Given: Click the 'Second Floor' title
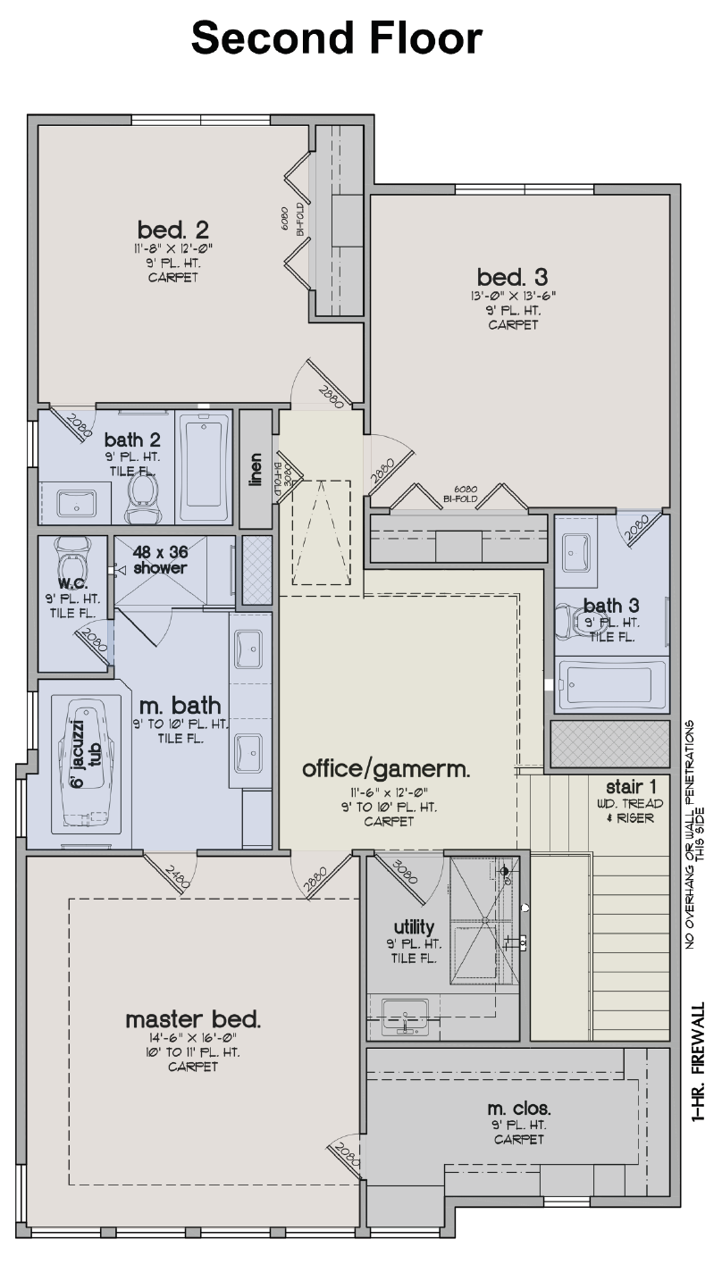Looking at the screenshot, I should pos(337,38).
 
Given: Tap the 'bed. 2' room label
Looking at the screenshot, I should pos(173,229).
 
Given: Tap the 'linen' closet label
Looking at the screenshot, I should pos(255,469).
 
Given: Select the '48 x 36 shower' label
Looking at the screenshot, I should pos(161,560).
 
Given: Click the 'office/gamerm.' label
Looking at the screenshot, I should pos(386,768).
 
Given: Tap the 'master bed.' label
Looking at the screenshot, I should pos(193,1019).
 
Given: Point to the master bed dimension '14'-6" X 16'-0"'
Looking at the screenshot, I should pos(193,1038).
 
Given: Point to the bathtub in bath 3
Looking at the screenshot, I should pos(611,684).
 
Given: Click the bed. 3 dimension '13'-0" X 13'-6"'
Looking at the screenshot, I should pos(513,296).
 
